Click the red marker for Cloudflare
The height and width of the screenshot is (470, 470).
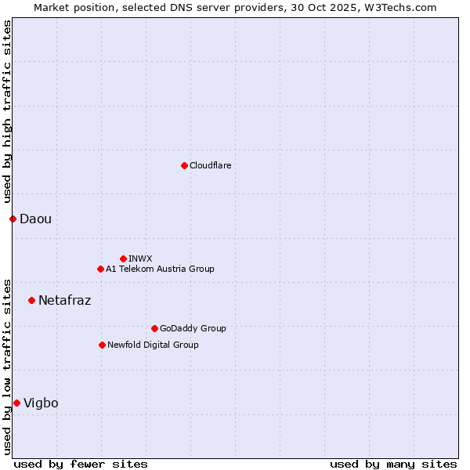[x=184, y=165]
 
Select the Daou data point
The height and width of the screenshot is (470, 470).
[x=13, y=219]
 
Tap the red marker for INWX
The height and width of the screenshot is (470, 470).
[x=123, y=258]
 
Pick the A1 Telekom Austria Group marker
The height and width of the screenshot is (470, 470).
[x=100, y=269]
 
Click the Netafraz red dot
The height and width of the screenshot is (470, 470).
[x=31, y=300]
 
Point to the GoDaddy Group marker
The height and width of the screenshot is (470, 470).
[x=154, y=328]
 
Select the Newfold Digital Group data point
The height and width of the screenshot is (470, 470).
[x=102, y=345]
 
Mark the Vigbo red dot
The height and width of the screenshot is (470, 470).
[x=16, y=403]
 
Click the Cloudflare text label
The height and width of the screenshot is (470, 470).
[x=210, y=165]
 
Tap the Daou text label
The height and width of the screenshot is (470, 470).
[x=35, y=219]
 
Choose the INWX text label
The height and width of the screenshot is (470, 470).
[x=140, y=258]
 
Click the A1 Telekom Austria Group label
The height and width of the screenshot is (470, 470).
[x=160, y=269]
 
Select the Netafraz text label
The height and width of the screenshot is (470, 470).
[x=64, y=300]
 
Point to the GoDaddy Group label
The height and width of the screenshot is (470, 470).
[x=193, y=328]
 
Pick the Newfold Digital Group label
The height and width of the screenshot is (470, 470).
[x=153, y=345]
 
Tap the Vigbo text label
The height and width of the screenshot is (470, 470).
[x=41, y=403]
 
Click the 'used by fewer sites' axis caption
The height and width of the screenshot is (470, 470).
[x=81, y=464]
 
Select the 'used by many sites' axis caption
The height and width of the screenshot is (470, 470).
[x=393, y=464]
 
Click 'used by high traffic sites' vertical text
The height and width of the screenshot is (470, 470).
[x=7, y=112]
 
